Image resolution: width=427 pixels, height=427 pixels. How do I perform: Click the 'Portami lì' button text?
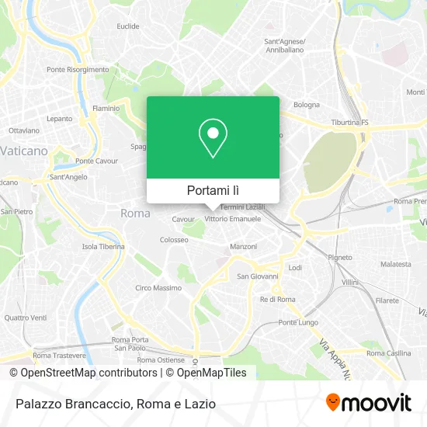point(213,189)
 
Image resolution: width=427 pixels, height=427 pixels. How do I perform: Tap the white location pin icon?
point(213,139)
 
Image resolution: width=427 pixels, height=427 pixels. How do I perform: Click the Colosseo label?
point(174,240)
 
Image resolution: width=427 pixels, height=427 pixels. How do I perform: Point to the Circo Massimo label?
point(158,288)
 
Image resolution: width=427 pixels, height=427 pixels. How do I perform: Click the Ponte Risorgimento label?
point(78,70)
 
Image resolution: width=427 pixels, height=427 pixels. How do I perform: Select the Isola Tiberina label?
point(103,247)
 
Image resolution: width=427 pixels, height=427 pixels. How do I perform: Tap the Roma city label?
point(136,213)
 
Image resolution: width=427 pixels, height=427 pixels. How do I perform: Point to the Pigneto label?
point(340,256)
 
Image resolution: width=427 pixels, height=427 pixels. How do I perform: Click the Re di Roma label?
point(278,299)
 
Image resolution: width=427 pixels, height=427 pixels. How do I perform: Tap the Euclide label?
point(128,26)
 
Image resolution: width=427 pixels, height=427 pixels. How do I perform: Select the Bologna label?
point(306,105)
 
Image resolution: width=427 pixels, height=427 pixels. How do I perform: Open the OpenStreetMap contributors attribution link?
point(84,373)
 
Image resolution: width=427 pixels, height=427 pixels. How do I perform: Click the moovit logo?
point(368,403)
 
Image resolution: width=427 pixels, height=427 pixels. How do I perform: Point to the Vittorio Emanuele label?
point(233,219)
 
